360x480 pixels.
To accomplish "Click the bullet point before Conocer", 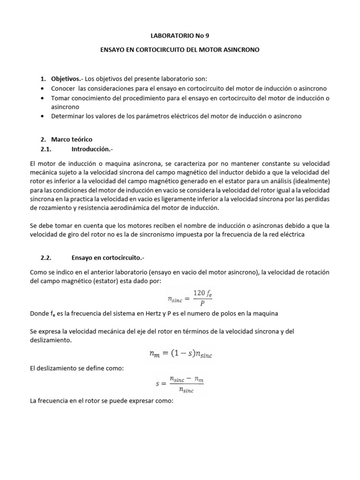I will click(x=43, y=88).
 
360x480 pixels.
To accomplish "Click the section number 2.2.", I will click(x=49, y=257).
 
